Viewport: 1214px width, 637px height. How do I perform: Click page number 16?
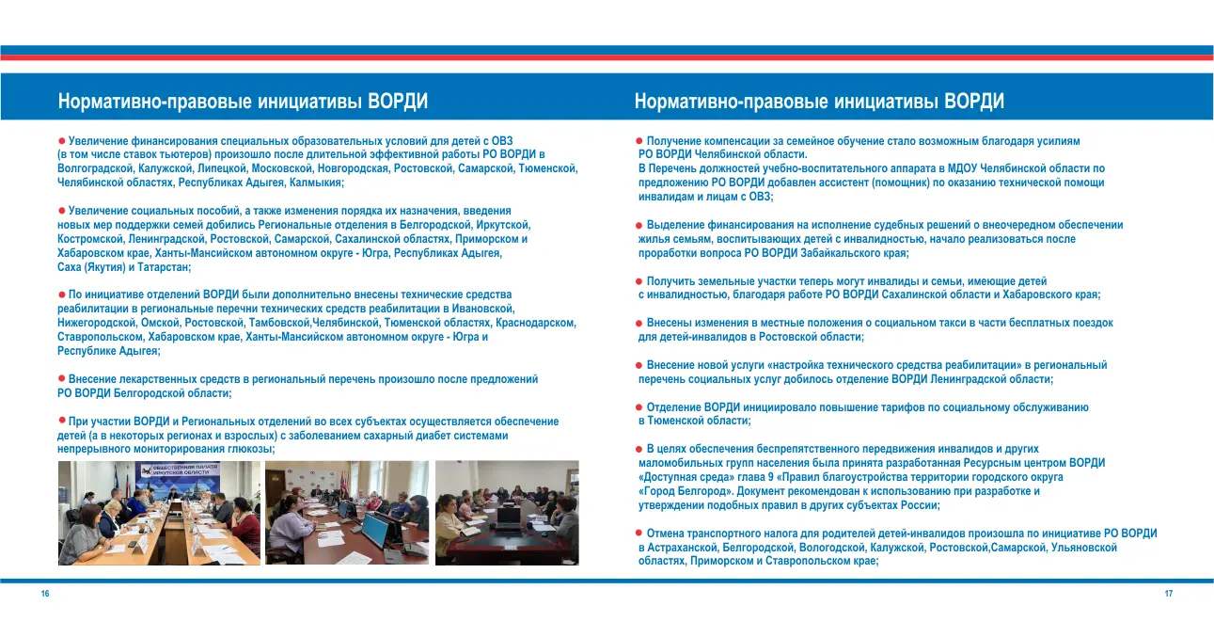click(x=45, y=594)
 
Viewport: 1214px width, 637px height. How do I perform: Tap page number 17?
click(x=1168, y=594)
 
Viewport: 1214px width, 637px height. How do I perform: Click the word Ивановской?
click(x=481, y=309)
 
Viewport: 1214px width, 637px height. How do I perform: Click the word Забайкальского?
click(x=818, y=253)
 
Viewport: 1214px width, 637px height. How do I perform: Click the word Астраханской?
click(x=679, y=547)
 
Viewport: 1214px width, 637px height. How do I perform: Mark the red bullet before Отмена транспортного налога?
click(x=639, y=533)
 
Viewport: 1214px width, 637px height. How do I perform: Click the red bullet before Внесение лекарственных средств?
click(x=61, y=378)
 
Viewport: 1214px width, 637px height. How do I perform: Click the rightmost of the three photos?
click(x=507, y=513)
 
